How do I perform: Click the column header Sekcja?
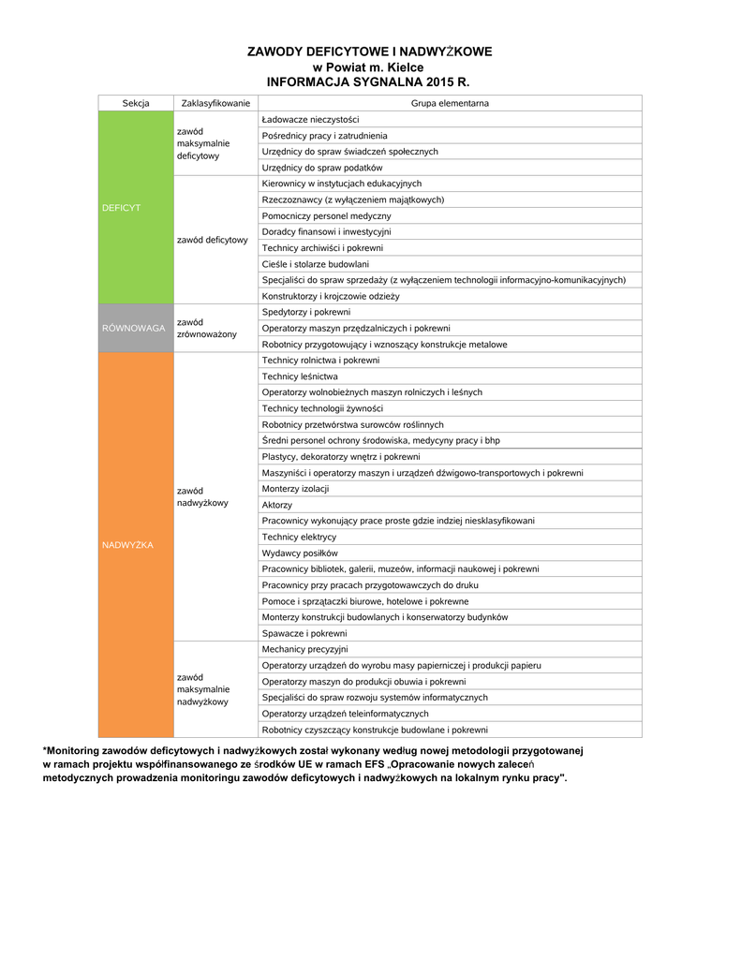[136, 103]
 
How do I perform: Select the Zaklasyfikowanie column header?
[215, 103]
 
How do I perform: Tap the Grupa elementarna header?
[450, 103]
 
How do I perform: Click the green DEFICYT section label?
[121, 208]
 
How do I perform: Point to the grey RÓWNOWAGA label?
[134, 328]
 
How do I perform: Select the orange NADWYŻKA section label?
[129, 545]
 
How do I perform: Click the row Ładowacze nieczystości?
[310, 120]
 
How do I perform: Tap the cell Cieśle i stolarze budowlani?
[316, 264]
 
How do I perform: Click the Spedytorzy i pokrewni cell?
[306, 312]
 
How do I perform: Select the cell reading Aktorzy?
[277, 505]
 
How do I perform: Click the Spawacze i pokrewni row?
[304, 633]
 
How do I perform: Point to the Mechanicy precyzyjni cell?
[304, 649]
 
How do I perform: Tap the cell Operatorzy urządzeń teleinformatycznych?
[345, 714]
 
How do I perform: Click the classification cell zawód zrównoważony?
[207, 328]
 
